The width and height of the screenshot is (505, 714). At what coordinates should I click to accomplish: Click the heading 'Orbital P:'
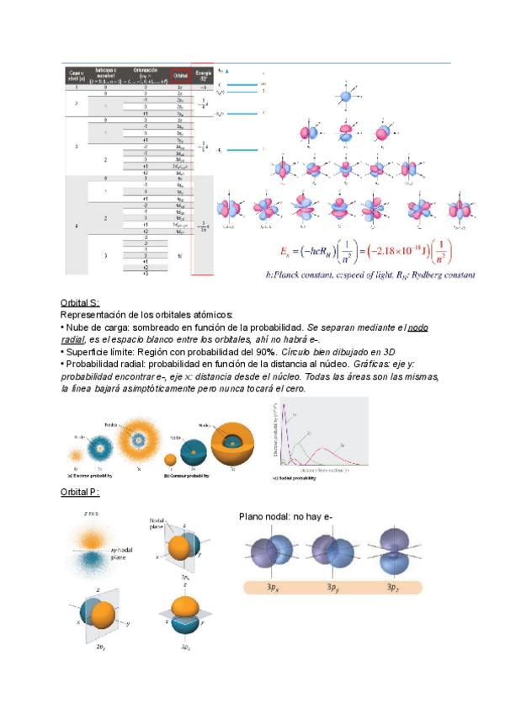(x=81, y=492)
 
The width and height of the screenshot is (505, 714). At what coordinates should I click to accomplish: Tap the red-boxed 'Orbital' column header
(x=180, y=75)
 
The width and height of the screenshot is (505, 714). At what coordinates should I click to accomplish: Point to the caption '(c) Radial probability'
(x=299, y=478)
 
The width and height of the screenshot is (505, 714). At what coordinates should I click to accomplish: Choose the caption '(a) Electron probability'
(x=92, y=476)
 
